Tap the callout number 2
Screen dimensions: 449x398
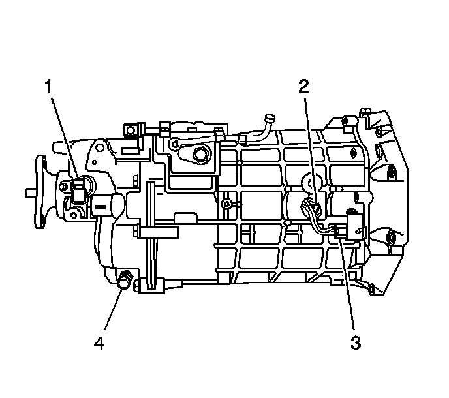pyautogui.click(x=303, y=85)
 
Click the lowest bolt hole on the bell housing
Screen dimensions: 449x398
pyautogui.click(x=373, y=287)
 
